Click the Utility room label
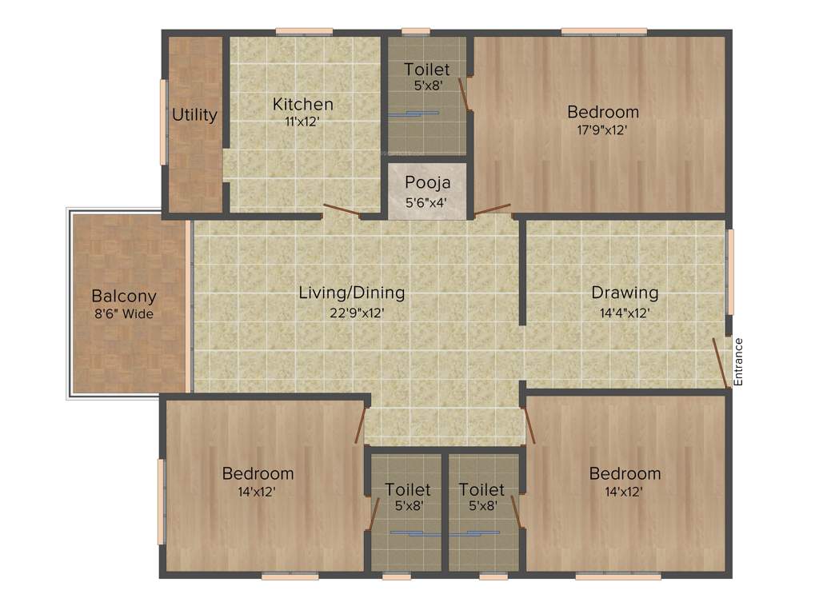click(x=194, y=115)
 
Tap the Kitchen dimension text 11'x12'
click(x=302, y=122)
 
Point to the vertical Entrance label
click(x=738, y=362)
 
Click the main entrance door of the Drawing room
click(x=721, y=362)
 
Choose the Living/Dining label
click(x=351, y=293)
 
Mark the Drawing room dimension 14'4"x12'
click(x=625, y=313)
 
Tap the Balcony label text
click(x=123, y=297)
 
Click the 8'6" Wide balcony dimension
click(x=123, y=314)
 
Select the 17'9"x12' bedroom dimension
click(x=602, y=130)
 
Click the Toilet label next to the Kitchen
click(x=426, y=70)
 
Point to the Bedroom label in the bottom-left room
click(x=258, y=473)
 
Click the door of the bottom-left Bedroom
click(x=361, y=424)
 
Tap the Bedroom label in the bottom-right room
click(x=625, y=473)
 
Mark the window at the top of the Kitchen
click(x=304, y=32)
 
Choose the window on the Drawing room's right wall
click(x=729, y=272)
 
